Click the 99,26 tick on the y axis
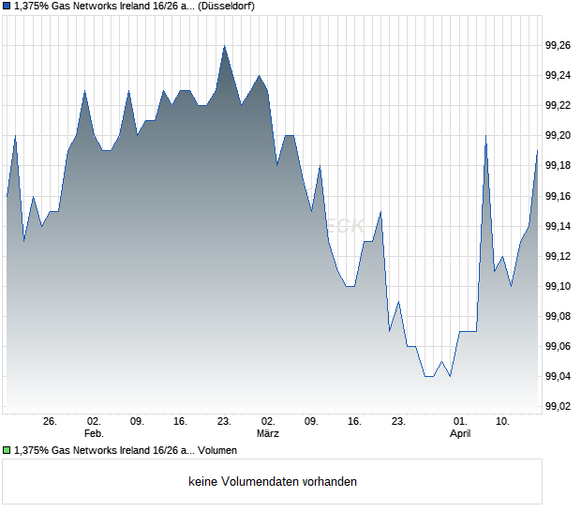click(559, 45)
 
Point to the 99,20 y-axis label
click(559, 135)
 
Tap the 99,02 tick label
click(559, 406)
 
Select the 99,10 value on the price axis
click(559, 286)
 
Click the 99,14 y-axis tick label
click(559, 226)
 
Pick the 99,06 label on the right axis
click(559, 346)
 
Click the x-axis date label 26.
click(51, 422)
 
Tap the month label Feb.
click(94, 434)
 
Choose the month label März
click(268, 434)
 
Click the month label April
click(460, 434)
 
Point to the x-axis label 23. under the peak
click(224, 422)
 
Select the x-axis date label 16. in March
click(354, 422)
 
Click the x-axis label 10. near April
click(503, 422)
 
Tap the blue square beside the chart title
click(7, 6)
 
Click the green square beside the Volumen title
click(7, 451)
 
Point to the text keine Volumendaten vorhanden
click(273, 482)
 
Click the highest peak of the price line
click(224, 46)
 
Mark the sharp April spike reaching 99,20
click(485, 136)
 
